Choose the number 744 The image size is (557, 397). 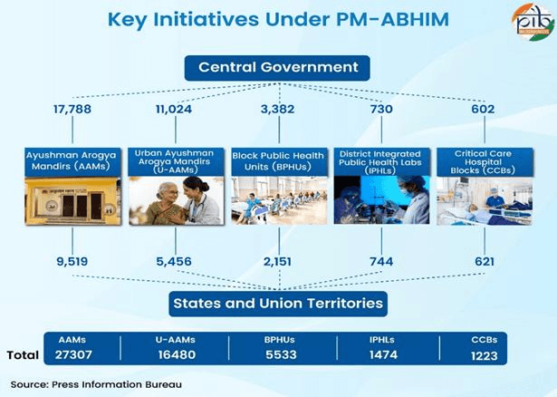click(380, 261)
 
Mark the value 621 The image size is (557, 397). click(485, 261)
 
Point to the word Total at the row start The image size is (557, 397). click(23, 354)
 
